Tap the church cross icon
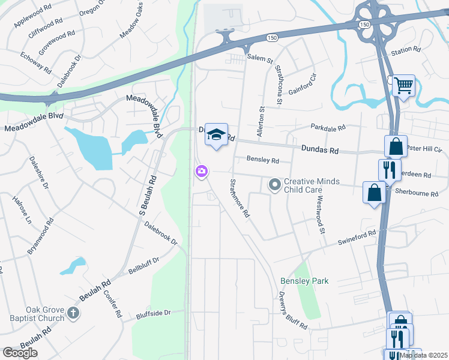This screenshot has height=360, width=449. point(73,313)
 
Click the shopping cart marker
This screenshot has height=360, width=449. point(404,85)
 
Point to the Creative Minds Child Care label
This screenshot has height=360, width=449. point(312,185)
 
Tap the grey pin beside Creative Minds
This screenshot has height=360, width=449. point(275,185)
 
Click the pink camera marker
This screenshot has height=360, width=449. point(201,172)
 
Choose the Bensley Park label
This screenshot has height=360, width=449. point(304,281)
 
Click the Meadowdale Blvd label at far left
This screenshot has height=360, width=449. point(34,128)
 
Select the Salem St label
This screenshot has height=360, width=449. point(260,60)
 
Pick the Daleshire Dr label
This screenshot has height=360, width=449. point(40,173)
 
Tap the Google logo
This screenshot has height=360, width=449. point(20,353)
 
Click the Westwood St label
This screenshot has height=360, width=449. point(320,214)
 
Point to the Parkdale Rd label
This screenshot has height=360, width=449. point(328,128)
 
